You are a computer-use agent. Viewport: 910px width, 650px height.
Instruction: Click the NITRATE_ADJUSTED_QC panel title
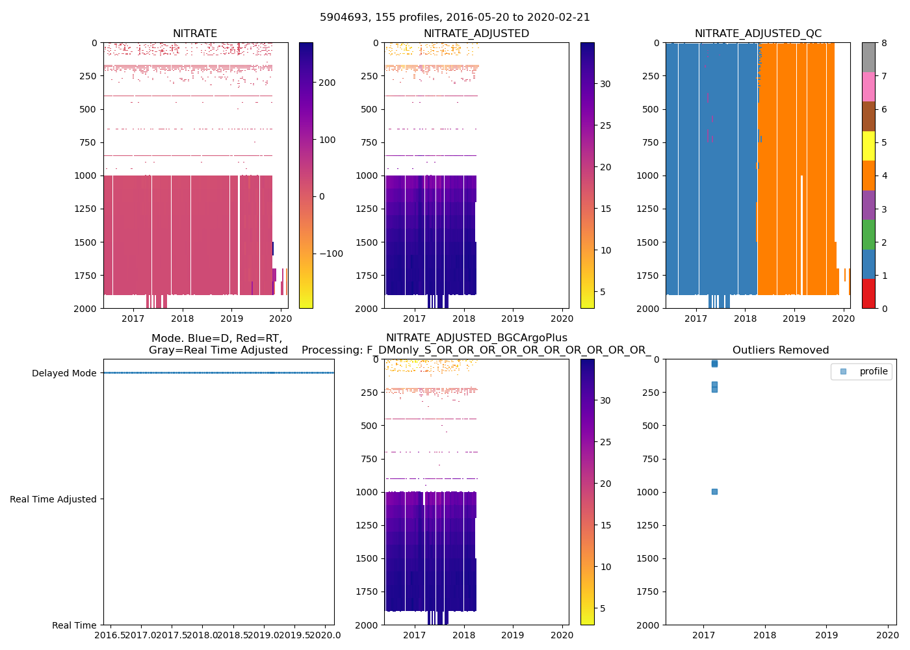[758, 34]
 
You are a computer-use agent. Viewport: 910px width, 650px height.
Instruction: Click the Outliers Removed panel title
[781, 350]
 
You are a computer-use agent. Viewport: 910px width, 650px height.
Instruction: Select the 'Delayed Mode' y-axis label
[64, 373]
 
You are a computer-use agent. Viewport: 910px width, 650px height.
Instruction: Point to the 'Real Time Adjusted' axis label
[53, 499]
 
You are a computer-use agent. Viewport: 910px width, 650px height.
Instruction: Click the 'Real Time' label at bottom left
[74, 625]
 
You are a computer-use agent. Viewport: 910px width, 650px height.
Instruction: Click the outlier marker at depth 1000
[714, 492]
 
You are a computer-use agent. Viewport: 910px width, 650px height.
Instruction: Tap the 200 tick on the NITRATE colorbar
[328, 83]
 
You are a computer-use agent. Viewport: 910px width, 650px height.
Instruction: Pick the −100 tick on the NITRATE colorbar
[331, 253]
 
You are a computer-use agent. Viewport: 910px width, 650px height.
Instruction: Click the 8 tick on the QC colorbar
[884, 43]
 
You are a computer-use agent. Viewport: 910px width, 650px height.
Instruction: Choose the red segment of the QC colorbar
[868, 294]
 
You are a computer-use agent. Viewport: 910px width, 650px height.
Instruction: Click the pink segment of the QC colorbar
[868, 87]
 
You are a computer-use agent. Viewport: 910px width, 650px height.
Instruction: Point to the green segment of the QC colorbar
[868, 235]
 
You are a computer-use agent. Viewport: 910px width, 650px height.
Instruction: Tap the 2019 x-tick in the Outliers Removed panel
[826, 635]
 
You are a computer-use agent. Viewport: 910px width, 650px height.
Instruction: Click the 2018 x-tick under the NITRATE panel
[182, 318]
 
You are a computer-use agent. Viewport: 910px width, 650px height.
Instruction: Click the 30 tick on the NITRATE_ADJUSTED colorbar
[605, 84]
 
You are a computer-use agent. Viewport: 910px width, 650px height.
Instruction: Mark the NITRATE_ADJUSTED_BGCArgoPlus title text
[476, 338]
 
